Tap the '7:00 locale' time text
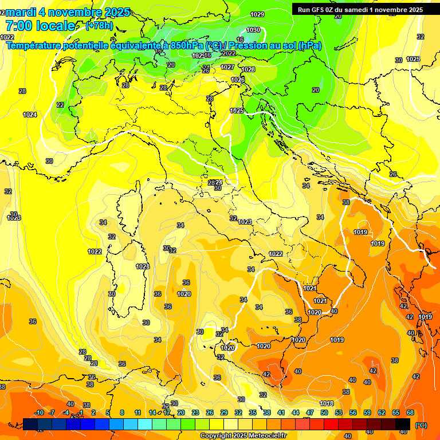(40, 26)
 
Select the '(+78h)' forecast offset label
(99, 26)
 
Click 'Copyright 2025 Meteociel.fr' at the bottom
(243, 436)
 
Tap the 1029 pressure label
(257, 14)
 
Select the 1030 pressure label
(253, 30)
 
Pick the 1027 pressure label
(227, 67)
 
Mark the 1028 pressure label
(248, 69)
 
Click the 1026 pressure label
(238, 80)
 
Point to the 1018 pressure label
(327, 404)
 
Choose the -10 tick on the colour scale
(39, 412)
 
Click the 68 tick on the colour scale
(410, 412)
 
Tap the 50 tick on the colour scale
(324, 412)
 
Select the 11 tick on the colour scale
(137, 412)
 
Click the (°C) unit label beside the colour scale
(421, 425)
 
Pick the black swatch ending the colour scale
(403, 425)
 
